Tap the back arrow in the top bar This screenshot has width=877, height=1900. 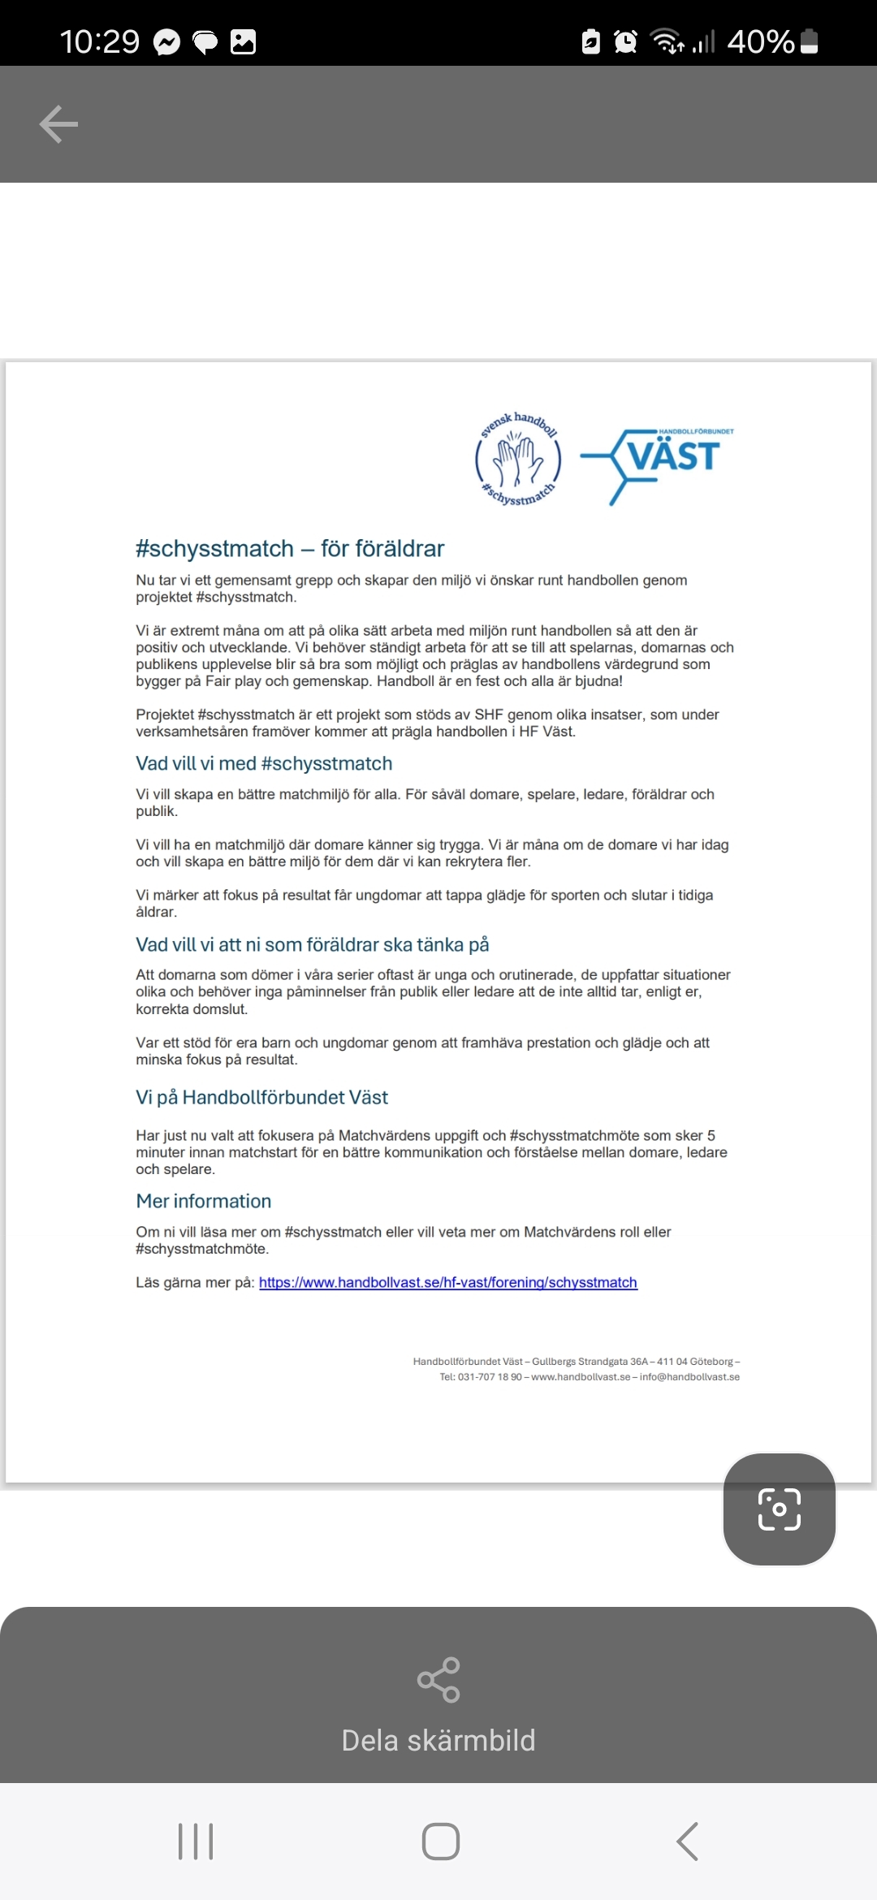pos(58,124)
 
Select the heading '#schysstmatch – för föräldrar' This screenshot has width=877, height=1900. pos(290,549)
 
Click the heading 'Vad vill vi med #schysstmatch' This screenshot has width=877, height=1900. pos(264,763)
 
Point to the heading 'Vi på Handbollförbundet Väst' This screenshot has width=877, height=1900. pos(261,1097)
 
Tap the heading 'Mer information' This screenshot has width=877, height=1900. pos(203,1201)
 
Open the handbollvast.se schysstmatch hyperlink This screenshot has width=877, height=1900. pos(447,1282)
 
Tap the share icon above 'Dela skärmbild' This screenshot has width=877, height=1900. pos(438,1680)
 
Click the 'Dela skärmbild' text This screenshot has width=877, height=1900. pos(438,1741)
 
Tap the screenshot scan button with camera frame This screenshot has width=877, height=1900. pos(779,1509)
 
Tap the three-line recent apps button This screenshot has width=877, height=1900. pos(196,1842)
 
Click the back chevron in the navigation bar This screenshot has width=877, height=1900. pos(687,1842)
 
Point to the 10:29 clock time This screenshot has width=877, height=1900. pos(100,41)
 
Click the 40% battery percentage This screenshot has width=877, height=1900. pos(760,41)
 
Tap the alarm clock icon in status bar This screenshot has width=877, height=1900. pos(625,41)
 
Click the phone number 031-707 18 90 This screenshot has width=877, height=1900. pos(490,1377)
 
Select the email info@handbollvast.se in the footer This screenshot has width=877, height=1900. pos(689,1377)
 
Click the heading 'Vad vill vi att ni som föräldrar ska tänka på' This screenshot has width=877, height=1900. pos(312,944)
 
